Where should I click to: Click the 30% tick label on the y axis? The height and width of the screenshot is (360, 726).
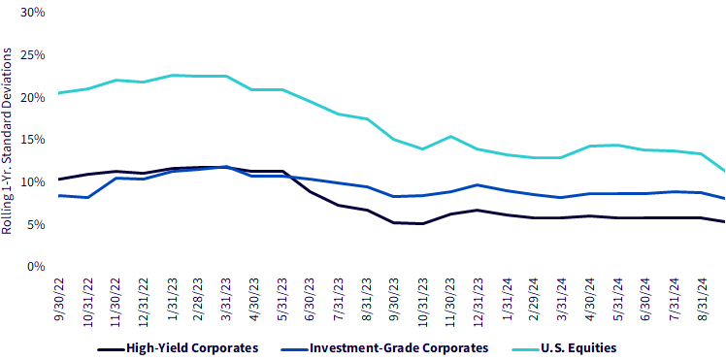tap(33, 13)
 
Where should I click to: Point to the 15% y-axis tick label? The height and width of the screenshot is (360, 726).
tap(33, 140)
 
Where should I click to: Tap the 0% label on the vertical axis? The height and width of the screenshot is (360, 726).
tap(36, 267)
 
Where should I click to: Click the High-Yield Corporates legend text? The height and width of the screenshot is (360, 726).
tap(192, 347)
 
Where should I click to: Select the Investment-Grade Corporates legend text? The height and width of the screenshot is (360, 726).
tap(399, 347)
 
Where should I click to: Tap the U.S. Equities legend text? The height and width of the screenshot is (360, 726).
tap(578, 347)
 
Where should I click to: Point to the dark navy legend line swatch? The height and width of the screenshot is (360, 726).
tap(112, 347)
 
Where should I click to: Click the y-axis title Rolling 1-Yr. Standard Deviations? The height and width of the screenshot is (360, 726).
tap(8, 143)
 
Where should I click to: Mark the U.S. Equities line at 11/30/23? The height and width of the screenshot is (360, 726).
tap(450, 136)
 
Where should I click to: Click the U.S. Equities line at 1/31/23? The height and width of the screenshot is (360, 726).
tap(172, 75)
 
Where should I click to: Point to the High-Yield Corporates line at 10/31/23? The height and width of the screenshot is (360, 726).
tap(423, 223)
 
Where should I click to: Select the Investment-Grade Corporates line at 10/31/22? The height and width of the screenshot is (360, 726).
tap(88, 197)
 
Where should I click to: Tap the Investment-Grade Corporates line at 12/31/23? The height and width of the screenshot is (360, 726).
tap(478, 185)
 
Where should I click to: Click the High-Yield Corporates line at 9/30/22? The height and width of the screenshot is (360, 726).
tap(60, 180)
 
